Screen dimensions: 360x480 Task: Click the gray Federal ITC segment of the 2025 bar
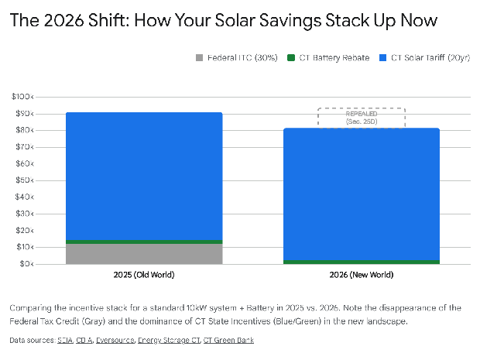pyautogui.click(x=144, y=254)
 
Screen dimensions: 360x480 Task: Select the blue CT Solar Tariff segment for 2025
pyautogui.click(x=144, y=177)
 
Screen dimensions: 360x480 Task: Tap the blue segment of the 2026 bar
pyautogui.click(x=362, y=194)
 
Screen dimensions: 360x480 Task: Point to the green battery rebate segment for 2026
pyautogui.click(x=362, y=262)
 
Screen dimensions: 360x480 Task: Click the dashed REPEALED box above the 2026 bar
pyautogui.click(x=362, y=118)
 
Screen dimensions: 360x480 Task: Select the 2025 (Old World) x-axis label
pyautogui.click(x=144, y=275)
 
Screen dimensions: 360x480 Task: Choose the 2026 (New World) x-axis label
pyautogui.click(x=362, y=275)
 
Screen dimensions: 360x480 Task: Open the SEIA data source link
pyautogui.click(x=65, y=340)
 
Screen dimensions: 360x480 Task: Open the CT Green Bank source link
pyautogui.click(x=228, y=340)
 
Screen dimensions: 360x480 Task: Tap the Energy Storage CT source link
pyautogui.click(x=170, y=340)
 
